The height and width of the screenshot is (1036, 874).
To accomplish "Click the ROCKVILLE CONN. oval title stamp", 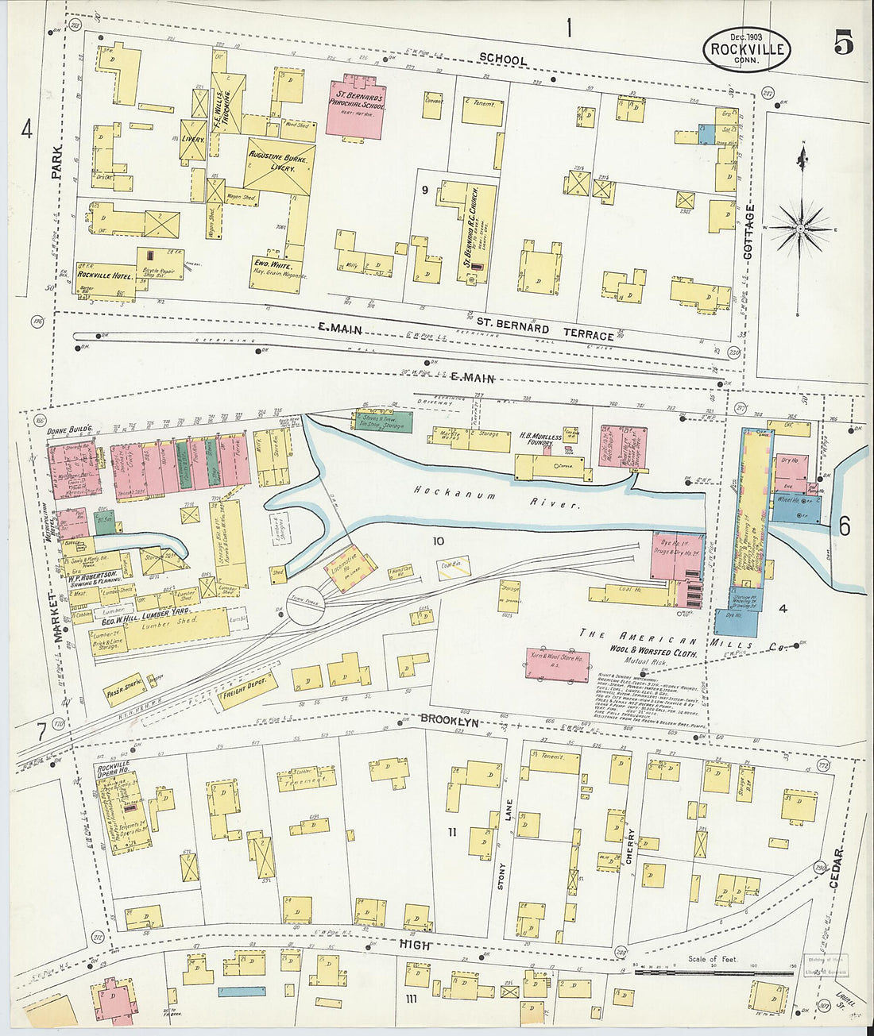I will tap(747, 49).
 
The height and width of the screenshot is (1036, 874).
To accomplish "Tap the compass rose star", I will tap(799, 228).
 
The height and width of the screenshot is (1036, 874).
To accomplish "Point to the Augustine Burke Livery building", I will tap(279, 168).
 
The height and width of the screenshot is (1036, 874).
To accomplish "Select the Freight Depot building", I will tap(247, 688).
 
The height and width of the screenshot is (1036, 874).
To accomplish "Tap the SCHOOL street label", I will tap(503, 60).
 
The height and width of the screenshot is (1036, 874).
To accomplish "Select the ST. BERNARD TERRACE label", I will tap(545, 329).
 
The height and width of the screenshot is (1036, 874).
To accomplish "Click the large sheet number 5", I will tap(843, 44).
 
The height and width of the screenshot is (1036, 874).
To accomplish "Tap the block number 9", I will tap(425, 190).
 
